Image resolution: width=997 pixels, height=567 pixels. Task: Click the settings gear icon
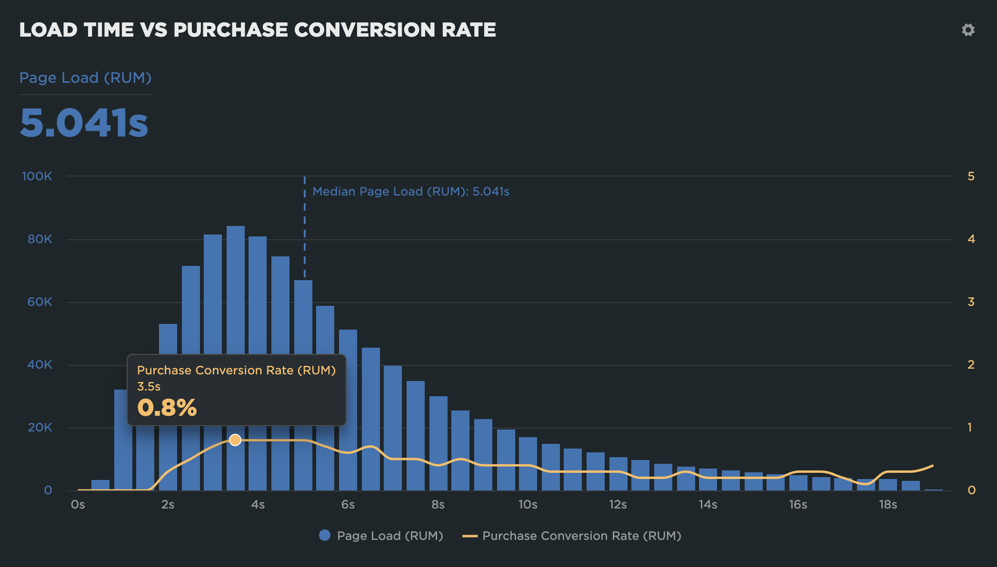968,30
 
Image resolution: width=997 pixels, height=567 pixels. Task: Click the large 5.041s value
84,123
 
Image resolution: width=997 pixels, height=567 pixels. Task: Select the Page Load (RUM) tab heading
85,78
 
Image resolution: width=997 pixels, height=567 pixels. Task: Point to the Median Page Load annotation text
410,191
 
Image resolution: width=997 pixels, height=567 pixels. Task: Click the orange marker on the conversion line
235,440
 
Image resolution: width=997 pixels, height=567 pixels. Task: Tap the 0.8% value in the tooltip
167,408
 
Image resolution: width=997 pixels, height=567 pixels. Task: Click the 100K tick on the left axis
37,176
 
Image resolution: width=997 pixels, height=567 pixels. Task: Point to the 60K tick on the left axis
40,302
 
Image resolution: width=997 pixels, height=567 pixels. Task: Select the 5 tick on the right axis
971,176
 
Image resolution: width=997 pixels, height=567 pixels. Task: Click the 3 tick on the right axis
971,302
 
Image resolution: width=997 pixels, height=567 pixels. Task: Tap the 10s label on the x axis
528,504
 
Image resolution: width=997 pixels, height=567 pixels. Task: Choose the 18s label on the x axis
887,504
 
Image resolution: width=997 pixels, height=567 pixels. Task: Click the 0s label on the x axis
78,504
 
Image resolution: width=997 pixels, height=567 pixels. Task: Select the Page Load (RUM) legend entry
381,536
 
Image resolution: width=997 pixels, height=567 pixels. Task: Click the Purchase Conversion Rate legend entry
572,536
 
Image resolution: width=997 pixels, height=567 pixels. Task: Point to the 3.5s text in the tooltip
149,386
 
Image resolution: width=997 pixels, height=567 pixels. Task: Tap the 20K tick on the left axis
40,427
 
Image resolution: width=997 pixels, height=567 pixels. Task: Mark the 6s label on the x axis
348,504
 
